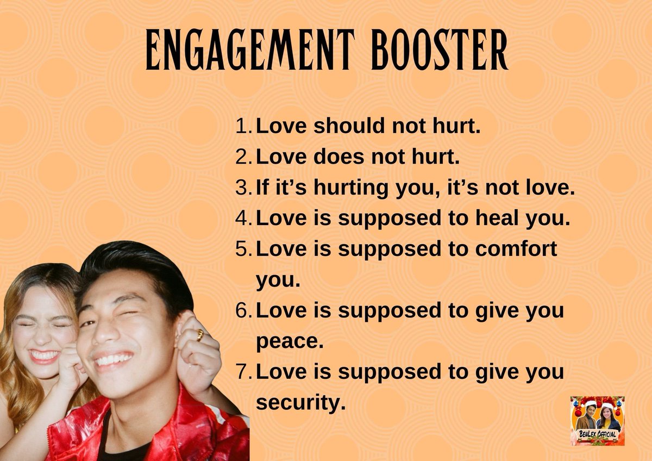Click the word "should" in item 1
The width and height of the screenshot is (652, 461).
[x=341, y=127]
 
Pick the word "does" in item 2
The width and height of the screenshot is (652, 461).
[x=337, y=158]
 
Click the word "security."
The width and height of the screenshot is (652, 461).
[x=300, y=403]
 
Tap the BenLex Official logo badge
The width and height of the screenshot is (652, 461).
[x=597, y=421]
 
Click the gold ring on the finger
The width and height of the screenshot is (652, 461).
[x=200, y=335]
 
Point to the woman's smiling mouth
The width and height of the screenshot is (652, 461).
[x=45, y=356]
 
